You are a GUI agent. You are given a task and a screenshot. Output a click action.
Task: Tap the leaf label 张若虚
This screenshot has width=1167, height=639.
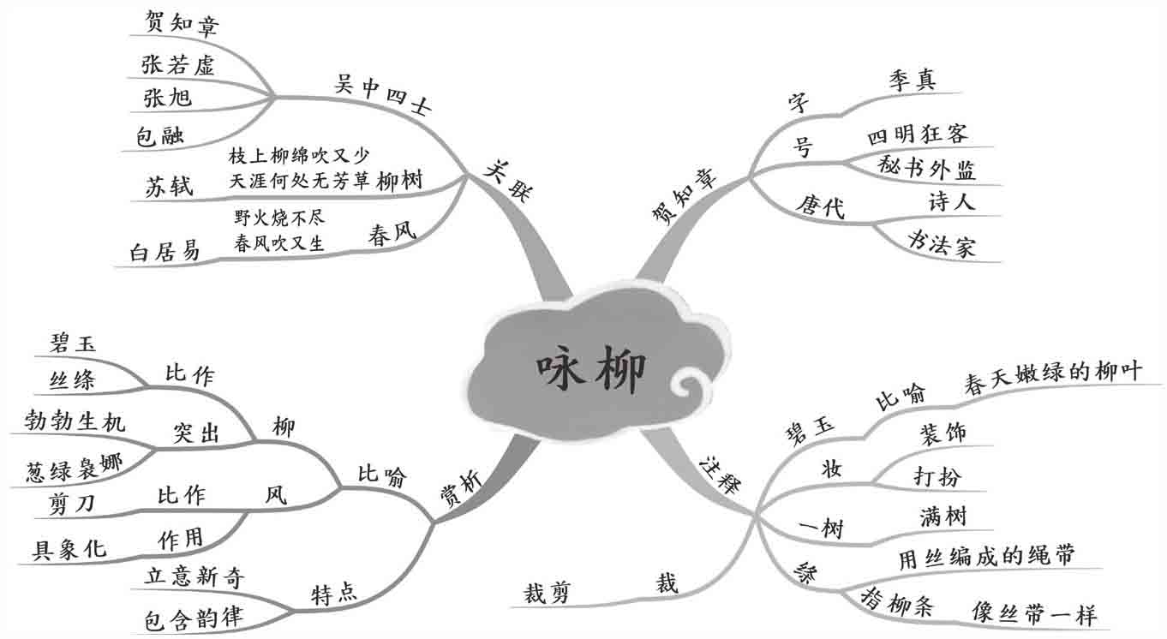click(x=178, y=64)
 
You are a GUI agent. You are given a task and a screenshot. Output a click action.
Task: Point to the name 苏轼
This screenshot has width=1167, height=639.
click(x=169, y=188)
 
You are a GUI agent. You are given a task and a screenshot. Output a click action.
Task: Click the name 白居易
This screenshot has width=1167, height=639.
click(x=165, y=251)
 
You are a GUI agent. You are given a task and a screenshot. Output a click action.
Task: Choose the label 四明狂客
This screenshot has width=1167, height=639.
click(x=917, y=135)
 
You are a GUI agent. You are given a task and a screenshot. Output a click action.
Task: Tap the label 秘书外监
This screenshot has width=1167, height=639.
click(x=927, y=168)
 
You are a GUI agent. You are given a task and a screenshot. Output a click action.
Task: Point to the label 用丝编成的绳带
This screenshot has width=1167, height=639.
click(x=985, y=557)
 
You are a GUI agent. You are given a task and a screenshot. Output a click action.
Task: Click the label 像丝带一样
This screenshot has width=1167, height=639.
click(x=1033, y=614)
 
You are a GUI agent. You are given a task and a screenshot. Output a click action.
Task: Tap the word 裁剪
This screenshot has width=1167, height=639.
click(x=548, y=592)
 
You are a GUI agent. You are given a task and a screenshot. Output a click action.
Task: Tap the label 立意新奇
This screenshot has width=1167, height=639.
click(x=195, y=578)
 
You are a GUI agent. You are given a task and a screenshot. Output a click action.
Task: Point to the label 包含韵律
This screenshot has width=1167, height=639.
click(x=192, y=618)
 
